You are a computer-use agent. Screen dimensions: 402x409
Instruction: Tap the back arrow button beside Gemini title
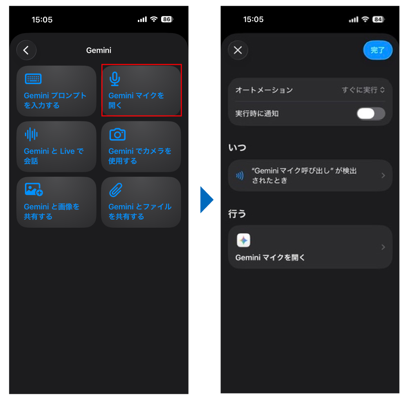26,50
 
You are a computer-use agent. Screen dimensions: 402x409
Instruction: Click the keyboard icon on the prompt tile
33,79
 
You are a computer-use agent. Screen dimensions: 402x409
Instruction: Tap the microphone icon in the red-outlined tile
115,79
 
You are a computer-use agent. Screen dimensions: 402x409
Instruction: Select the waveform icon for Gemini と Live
31,134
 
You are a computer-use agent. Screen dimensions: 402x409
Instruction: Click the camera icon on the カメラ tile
117,134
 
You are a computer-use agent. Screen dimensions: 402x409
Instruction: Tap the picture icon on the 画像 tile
34,189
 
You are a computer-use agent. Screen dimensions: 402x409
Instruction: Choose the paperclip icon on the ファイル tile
116,190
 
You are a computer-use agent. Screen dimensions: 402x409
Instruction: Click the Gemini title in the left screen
99,50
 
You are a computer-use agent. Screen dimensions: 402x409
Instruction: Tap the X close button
238,50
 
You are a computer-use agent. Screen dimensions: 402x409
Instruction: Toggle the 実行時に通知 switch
371,113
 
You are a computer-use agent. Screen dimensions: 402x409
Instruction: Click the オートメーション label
264,90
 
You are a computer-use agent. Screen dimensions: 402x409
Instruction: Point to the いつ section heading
237,147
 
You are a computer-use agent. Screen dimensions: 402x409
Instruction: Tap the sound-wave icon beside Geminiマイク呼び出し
240,175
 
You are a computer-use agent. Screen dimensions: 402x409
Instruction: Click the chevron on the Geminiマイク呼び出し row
383,175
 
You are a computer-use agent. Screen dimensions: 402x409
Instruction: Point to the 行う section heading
237,213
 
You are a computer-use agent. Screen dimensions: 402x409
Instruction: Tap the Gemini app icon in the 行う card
243,240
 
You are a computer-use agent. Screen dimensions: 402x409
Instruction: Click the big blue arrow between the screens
206,200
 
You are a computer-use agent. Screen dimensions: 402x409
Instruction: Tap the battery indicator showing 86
166,19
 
